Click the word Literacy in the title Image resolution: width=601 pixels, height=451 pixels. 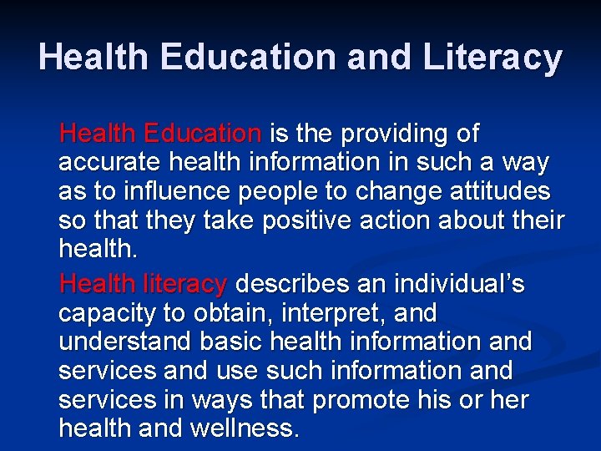(493, 57)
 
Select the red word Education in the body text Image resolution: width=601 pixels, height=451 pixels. (202, 133)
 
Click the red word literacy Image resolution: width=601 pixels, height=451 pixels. (184, 285)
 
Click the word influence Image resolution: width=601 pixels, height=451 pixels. (165, 192)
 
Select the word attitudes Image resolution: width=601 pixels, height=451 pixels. (497, 192)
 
